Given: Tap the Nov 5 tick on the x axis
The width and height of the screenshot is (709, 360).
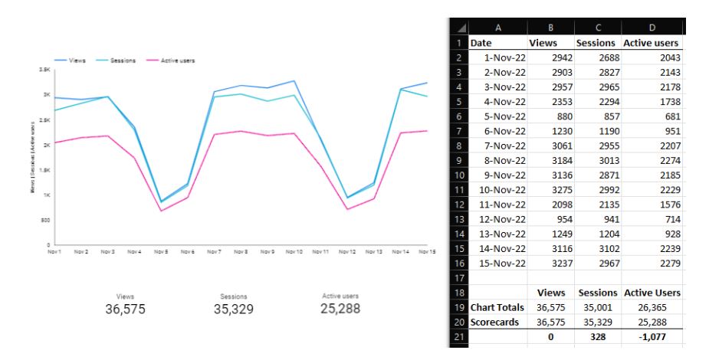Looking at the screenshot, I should pyautogui.click(x=160, y=251).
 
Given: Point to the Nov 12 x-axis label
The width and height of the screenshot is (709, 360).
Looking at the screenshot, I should pyautogui.click(x=347, y=251).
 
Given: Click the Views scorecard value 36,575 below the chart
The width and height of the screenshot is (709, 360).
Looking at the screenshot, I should pyautogui.click(x=125, y=309).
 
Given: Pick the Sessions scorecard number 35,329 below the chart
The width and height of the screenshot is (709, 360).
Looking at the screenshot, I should pyautogui.click(x=233, y=309).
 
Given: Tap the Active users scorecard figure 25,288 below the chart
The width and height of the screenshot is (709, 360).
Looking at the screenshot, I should pyautogui.click(x=340, y=309).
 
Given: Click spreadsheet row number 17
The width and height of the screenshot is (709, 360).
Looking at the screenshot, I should pyautogui.click(x=458, y=277).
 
